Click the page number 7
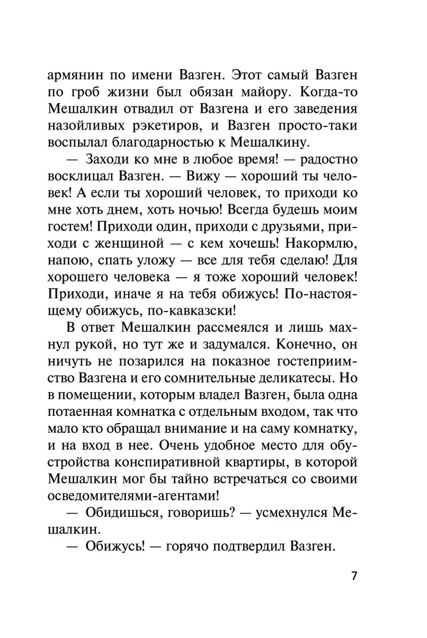pos(354,576)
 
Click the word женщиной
pos(133,244)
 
